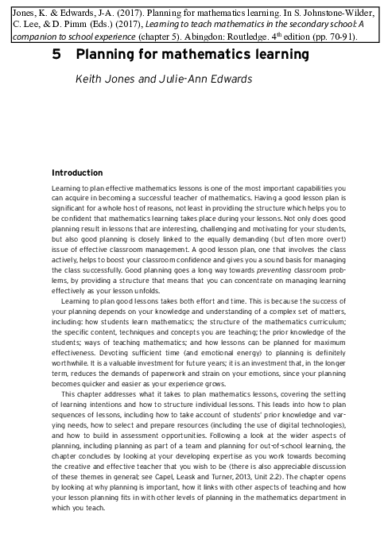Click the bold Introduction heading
coord(76,172)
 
